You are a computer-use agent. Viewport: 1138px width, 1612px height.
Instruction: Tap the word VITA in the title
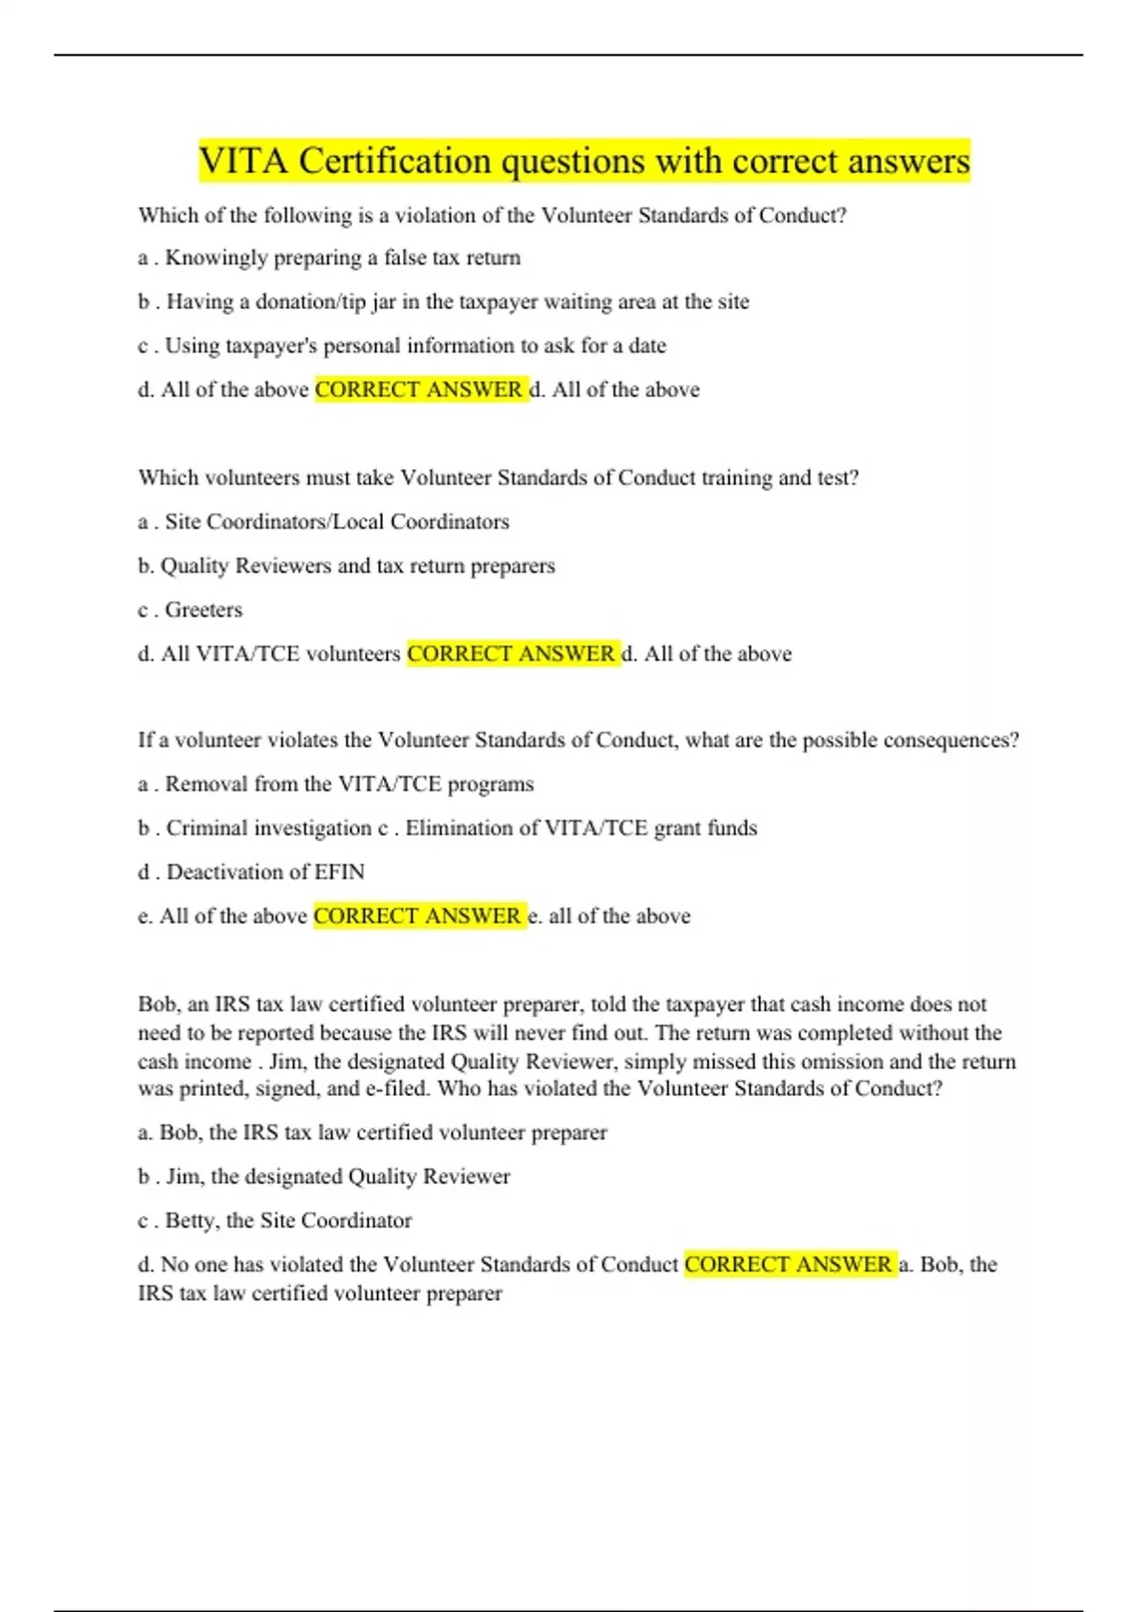[x=243, y=161]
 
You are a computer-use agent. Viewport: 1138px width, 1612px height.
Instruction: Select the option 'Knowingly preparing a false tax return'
[x=342, y=258]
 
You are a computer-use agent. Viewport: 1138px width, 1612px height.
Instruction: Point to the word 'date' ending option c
[x=647, y=345]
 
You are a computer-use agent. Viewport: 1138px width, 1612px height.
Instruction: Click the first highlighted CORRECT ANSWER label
[x=419, y=390]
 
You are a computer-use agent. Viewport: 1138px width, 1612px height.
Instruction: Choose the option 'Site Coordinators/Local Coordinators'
[x=337, y=522]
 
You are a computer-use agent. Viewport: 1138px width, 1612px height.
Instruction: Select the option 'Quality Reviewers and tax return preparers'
[x=358, y=566]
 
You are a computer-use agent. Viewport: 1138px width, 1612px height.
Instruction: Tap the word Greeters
[x=204, y=610]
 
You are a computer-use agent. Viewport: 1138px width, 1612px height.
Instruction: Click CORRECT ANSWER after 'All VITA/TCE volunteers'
[x=511, y=654]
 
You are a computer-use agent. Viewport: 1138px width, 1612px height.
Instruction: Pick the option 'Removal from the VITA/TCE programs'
[x=349, y=784]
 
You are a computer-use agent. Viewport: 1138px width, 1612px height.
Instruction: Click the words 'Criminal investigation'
[x=269, y=828]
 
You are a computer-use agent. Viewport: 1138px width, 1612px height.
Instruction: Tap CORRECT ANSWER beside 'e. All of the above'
[x=417, y=916]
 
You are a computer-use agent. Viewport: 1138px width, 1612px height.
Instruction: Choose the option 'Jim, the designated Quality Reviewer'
[x=338, y=1177]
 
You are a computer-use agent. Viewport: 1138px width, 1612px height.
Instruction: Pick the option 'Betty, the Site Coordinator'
[x=288, y=1220]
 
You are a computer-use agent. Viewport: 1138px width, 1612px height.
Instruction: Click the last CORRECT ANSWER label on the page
[x=788, y=1265]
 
